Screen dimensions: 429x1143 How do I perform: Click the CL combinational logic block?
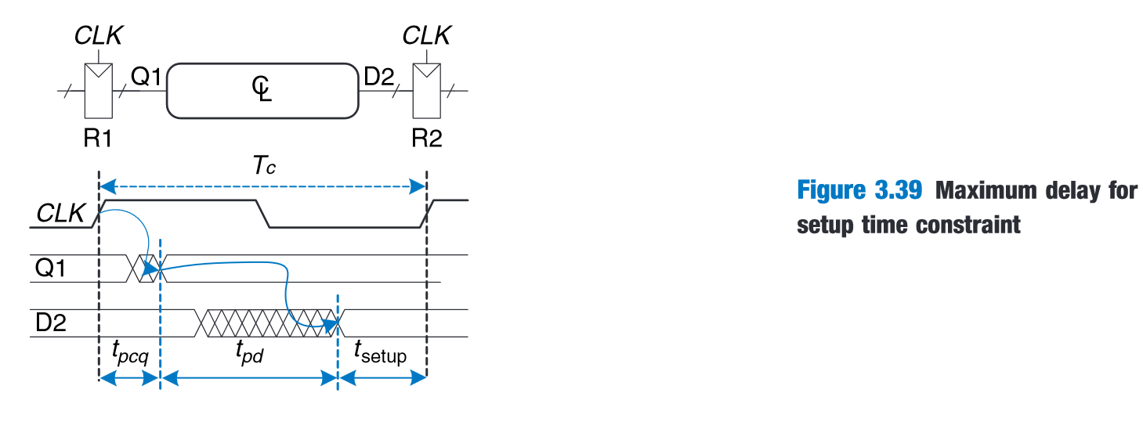pyautogui.click(x=262, y=91)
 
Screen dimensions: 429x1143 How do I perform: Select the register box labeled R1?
pyautogui.click(x=99, y=91)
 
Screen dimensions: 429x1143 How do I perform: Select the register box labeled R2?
pyautogui.click(x=427, y=91)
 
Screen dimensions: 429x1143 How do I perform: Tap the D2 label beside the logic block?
pyautogui.click(x=381, y=76)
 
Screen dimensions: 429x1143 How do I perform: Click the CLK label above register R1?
pyautogui.click(x=99, y=35)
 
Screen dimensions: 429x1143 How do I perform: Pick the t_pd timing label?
pyautogui.click(x=250, y=353)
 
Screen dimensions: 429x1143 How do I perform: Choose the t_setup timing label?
pyautogui.click(x=381, y=354)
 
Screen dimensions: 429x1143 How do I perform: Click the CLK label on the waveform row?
pyautogui.click(x=59, y=213)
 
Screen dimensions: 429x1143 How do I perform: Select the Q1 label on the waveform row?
pyautogui.click(x=52, y=269)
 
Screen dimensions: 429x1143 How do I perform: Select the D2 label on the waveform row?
pyautogui.click(x=51, y=323)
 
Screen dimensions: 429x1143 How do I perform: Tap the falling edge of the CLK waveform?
pyautogui.click(x=262, y=214)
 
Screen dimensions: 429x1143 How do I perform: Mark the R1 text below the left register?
pyautogui.click(x=99, y=140)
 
